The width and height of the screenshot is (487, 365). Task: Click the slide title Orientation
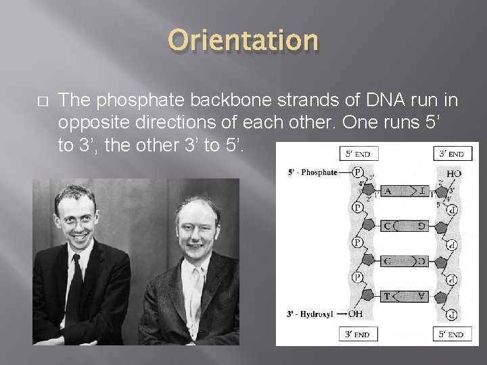pos(243,41)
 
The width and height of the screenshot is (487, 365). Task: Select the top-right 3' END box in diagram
pos(453,153)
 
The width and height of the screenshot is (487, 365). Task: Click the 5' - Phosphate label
pos(312,172)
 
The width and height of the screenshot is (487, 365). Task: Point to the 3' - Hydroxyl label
pos(312,313)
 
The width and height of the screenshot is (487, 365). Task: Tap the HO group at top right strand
pos(455,173)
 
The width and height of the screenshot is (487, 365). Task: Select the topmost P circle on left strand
pos(358,172)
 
